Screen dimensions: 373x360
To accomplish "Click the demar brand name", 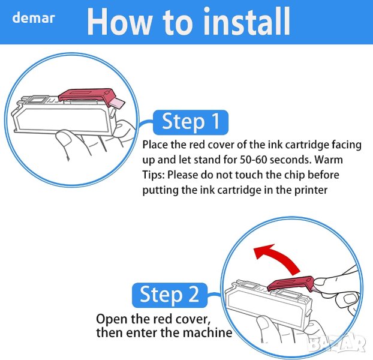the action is (x=34, y=18).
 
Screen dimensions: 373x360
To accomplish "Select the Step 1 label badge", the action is (x=191, y=122).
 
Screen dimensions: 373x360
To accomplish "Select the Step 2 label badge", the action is (x=170, y=295).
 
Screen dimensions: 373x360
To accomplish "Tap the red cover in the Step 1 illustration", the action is (x=87, y=96).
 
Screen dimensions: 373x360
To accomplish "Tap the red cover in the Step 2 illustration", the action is (x=290, y=284).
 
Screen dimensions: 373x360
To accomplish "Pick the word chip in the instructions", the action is (x=294, y=175).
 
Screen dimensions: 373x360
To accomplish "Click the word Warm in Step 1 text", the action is (x=329, y=160).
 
